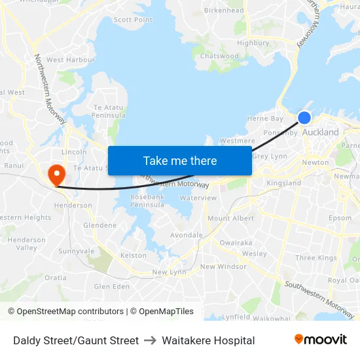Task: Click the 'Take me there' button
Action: pyautogui.click(x=180, y=160)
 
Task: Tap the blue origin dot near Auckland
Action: pyautogui.click(x=304, y=118)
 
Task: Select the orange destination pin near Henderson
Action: pyautogui.click(x=57, y=174)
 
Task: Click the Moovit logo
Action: pyautogui.click(x=321, y=340)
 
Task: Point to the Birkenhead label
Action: pyautogui.click(x=224, y=10)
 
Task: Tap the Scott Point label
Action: pyautogui.click(x=133, y=20)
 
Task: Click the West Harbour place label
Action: pyautogui.click(x=71, y=60)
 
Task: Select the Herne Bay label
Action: pyautogui.click(x=265, y=118)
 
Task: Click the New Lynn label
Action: pyautogui.click(x=169, y=272)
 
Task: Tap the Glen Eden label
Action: pyautogui.click(x=112, y=286)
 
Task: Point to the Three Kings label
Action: pyautogui.click(x=315, y=258)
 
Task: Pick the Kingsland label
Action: pyautogui.click(x=284, y=183)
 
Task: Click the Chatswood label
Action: pyautogui.click(x=219, y=56)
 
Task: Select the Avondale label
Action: pyautogui.click(x=187, y=235)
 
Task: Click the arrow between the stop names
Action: pyautogui.click(x=151, y=340)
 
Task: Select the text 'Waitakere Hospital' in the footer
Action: pyautogui.click(x=208, y=340)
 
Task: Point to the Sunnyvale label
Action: pyautogui.click(x=77, y=251)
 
